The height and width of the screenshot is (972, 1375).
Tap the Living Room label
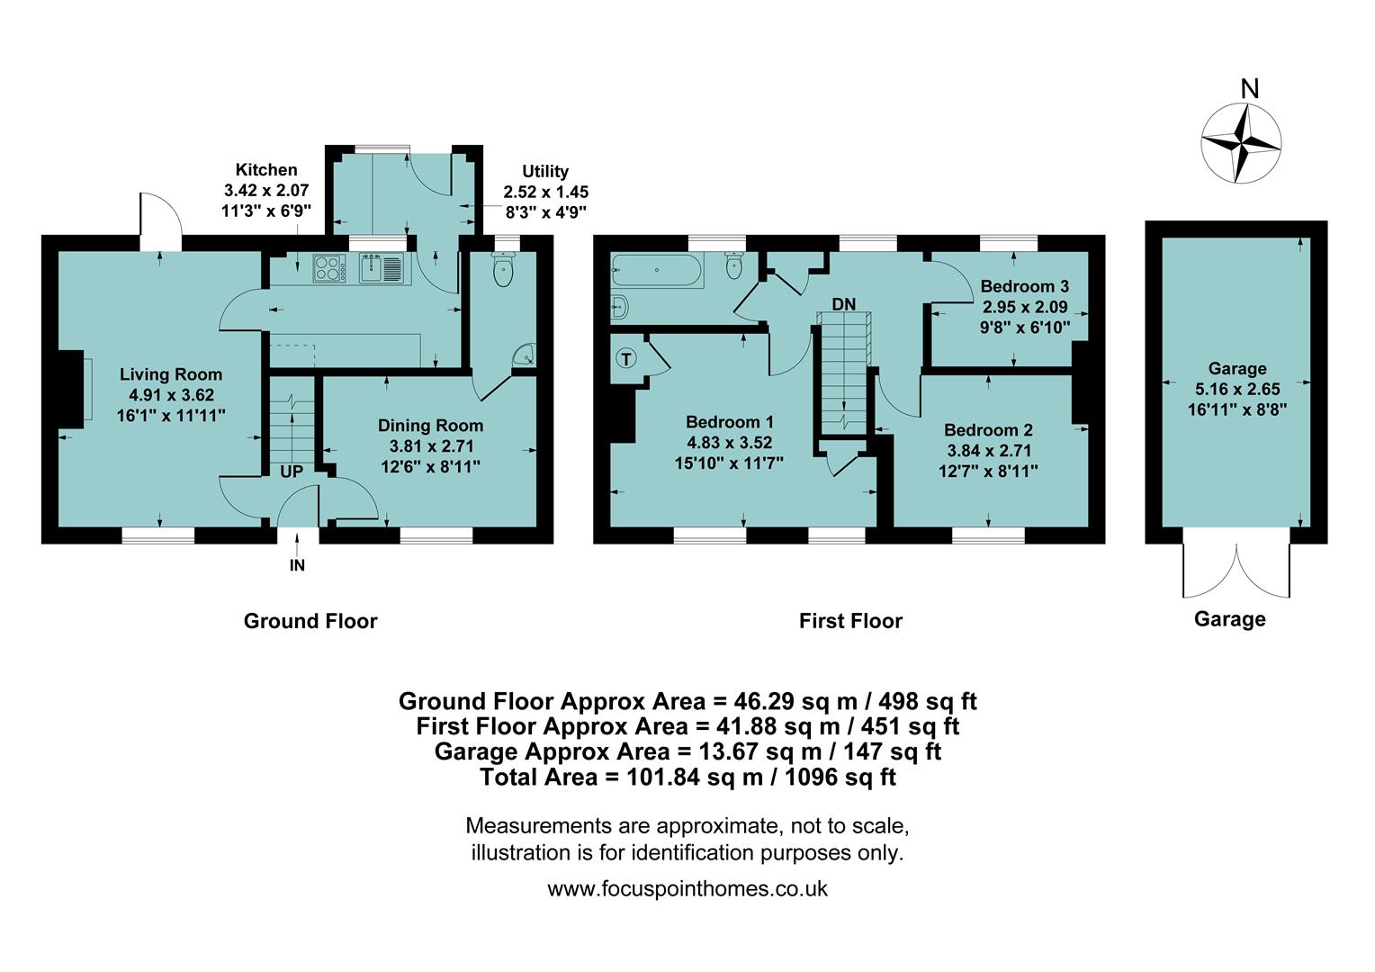171,374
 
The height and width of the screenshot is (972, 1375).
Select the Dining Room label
430,426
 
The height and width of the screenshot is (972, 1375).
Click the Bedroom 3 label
1024,286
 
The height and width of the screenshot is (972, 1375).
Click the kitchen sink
382,267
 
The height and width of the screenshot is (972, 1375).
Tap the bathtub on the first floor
656,269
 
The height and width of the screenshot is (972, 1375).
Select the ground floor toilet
502,270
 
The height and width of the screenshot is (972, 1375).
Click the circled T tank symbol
626,359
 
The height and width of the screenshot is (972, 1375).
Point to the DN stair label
843,304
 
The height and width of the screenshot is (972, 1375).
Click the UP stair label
292,472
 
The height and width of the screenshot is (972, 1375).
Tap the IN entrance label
297,565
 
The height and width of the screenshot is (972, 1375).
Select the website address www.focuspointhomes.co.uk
687,889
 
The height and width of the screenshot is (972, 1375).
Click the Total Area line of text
687,777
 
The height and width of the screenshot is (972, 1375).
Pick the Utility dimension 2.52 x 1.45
545,192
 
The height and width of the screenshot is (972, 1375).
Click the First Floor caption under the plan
850,621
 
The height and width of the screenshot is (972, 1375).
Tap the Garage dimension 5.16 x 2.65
1237,389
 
